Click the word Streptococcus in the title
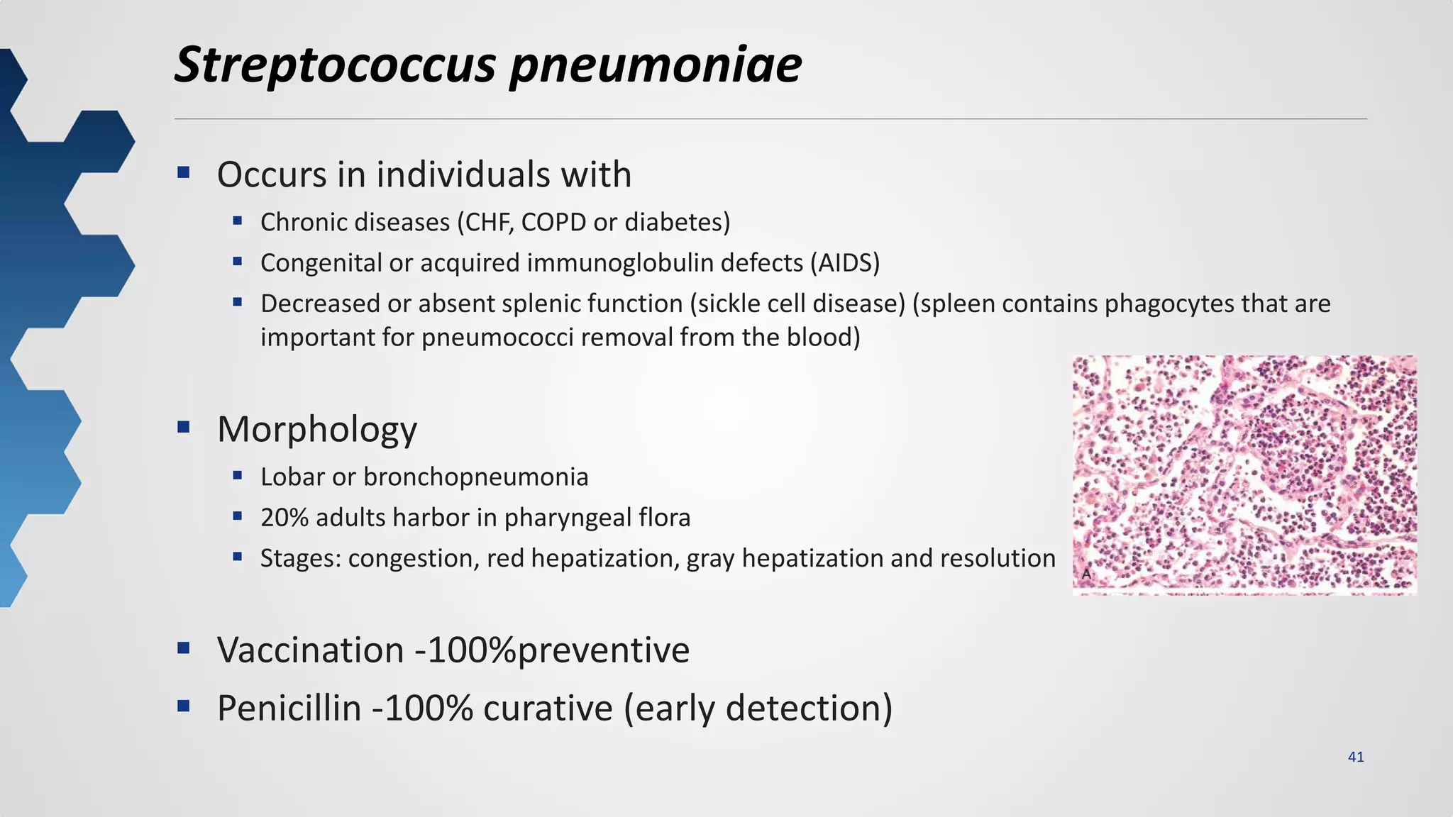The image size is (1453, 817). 336,65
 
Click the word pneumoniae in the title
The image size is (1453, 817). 656,65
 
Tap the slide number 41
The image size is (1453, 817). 1355,757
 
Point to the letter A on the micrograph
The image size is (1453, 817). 1085,574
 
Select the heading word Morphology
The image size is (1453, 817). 316,429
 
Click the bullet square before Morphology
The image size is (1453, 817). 184,427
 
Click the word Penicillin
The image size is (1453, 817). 289,708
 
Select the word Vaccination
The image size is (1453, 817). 310,650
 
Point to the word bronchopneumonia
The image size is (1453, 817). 475,477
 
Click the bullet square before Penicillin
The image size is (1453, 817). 184,706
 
